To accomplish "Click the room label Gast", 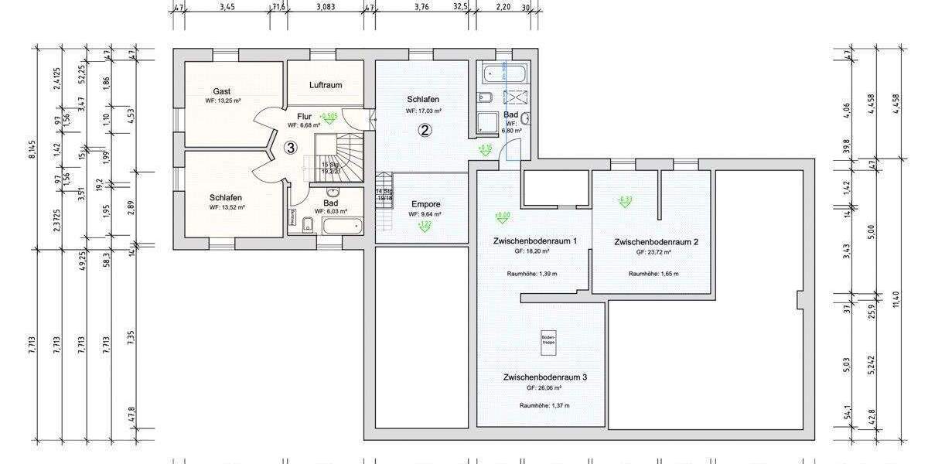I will coord(222,91).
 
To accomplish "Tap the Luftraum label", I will coord(325,85).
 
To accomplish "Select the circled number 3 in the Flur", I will coord(290,148).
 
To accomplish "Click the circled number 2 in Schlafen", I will coord(425,130).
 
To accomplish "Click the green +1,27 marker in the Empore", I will coord(425,225).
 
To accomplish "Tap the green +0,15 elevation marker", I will coord(486,148).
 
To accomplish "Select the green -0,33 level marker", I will coord(625,201).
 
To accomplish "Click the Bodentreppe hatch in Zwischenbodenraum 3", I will coord(548,343).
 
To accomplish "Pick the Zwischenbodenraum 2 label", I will coord(656,242).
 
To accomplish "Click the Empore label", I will coord(425,204).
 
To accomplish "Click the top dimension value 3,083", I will coord(326,7).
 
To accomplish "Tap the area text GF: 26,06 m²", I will coord(544,388).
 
